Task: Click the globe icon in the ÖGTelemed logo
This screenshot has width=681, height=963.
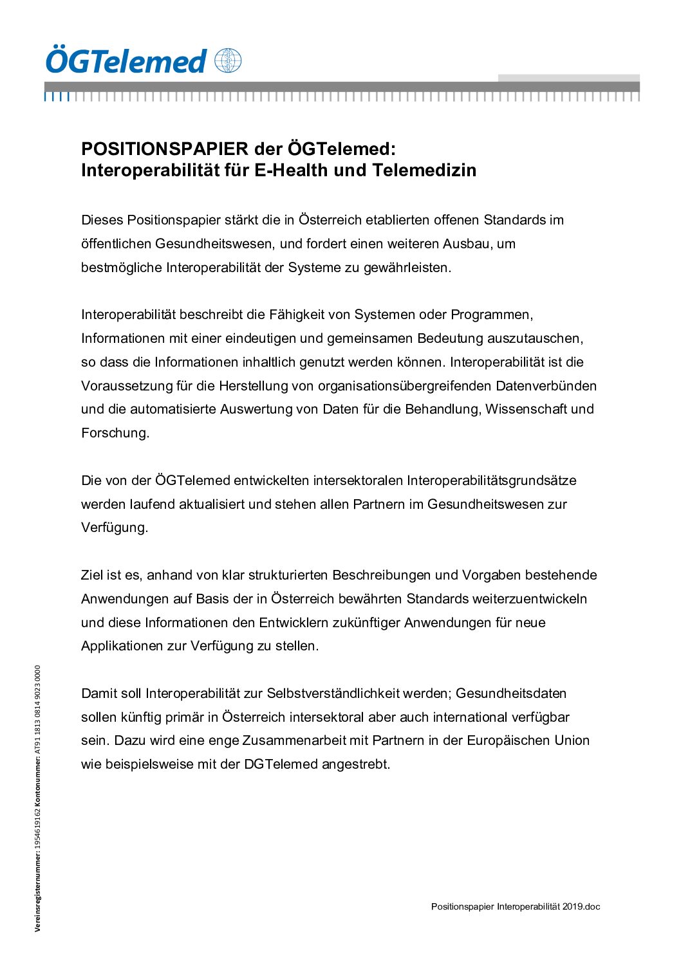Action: click(228, 61)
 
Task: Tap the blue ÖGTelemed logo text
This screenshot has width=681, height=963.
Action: click(126, 62)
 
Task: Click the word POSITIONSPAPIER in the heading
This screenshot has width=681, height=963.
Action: click(165, 149)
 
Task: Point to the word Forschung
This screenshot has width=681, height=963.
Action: click(115, 433)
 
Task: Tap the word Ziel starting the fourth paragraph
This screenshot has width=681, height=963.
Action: click(91, 575)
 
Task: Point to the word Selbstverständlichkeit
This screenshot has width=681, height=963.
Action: click(333, 693)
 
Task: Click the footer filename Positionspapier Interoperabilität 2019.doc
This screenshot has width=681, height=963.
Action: click(515, 906)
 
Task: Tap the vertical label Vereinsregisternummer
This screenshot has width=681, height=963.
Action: click(38, 892)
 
